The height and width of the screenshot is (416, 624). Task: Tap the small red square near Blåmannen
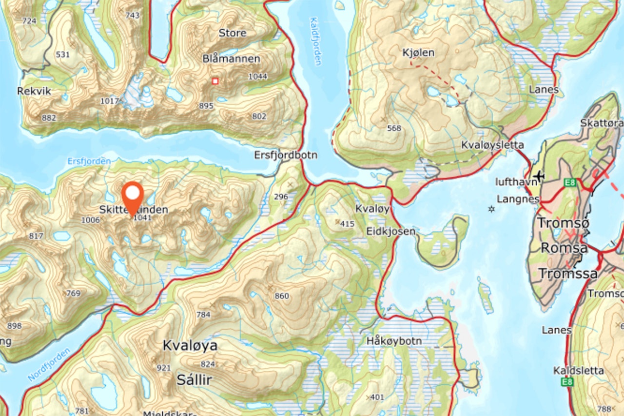coord(215,81)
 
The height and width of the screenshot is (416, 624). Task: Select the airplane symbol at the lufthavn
coord(539,175)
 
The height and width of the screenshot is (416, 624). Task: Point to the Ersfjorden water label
coord(89,160)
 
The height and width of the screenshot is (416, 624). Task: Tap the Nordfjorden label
coord(49,364)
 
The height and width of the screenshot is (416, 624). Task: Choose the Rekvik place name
coord(34,91)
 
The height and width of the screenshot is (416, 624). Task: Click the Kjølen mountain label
coord(418,52)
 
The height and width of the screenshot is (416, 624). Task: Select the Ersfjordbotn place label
coord(286,155)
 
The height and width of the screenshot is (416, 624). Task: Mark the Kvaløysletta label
coord(492,145)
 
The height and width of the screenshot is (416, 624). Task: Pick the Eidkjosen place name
coord(392,231)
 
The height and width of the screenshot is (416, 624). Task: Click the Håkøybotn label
coord(394,341)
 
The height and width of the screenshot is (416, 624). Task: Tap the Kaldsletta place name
coord(578,371)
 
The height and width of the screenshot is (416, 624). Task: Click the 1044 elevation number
coord(257,77)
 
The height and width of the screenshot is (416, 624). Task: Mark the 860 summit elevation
coord(282,296)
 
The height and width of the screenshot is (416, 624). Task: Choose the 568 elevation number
coord(393,128)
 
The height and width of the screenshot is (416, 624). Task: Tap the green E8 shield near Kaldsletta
coord(567,382)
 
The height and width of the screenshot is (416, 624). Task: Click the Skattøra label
coord(602,123)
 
